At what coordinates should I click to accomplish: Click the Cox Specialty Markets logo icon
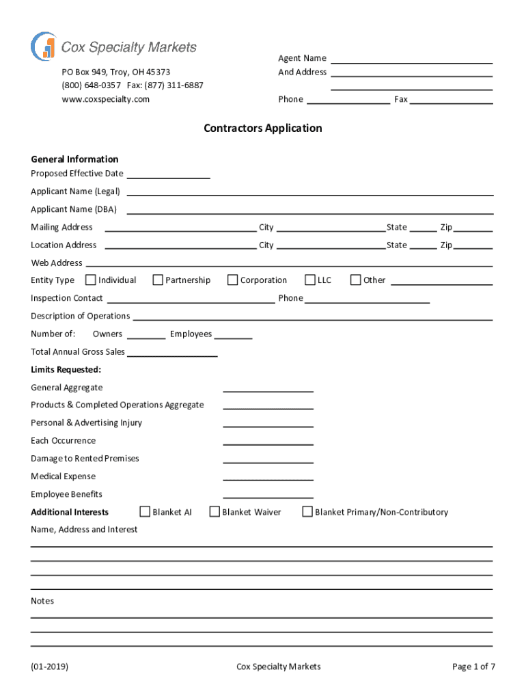tap(43, 46)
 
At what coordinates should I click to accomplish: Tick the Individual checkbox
tap(90, 280)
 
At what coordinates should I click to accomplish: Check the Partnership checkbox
tap(158, 280)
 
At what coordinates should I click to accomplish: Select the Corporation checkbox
tap(232, 280)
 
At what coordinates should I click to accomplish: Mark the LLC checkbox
tap(310, 280)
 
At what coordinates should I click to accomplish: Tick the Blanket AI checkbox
tap(145, 511)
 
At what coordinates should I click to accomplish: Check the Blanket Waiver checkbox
tap(214, 511)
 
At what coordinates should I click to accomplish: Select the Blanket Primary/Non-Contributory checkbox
tap(307, 511)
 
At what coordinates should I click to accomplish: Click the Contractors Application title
tap(262, 128)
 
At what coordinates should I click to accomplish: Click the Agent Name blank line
tap(412, 62)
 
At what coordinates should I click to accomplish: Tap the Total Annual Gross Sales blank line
tap(172, 354)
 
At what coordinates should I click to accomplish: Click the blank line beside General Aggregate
tap(268, 390)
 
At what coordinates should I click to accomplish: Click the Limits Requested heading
tap(66, 370)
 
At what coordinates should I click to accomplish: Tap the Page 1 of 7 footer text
tap(473, 667)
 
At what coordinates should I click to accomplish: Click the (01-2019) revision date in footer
tap(49, 667)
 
